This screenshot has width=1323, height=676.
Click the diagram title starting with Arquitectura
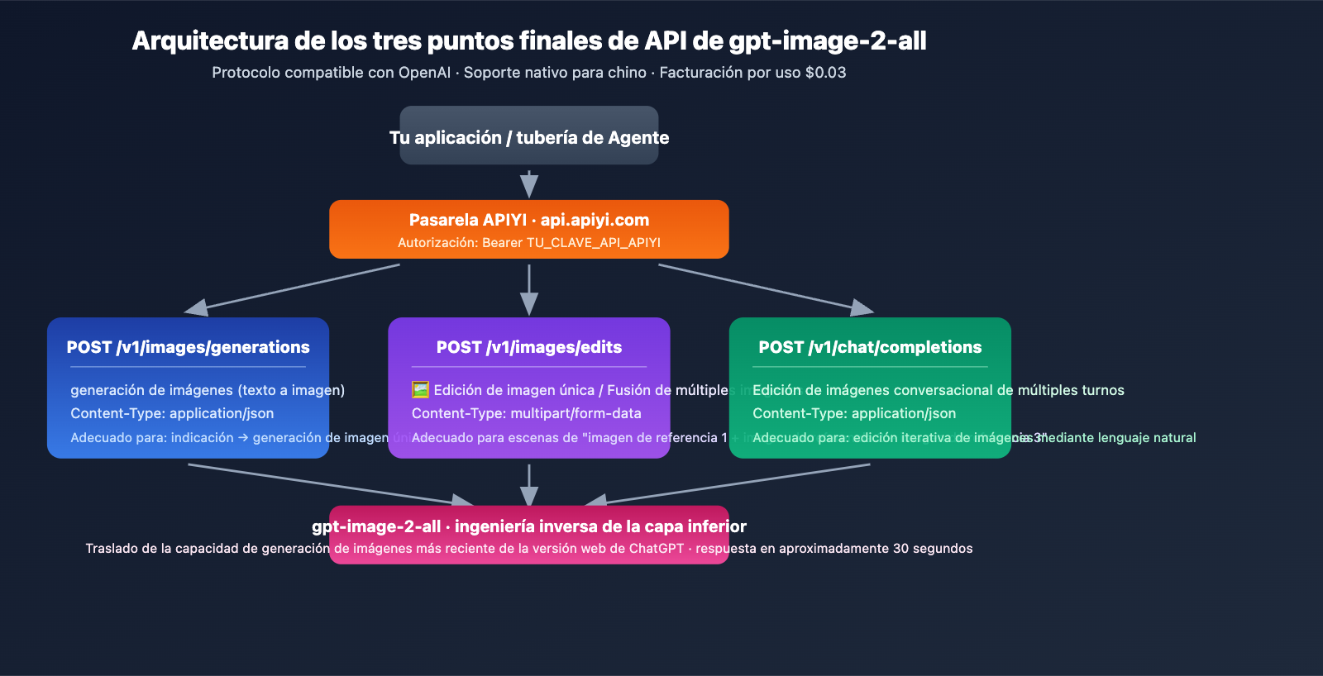[x=528, y=41]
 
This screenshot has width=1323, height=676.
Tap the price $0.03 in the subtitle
[x=825, y=73]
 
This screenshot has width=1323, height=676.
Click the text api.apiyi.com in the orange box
[x=595, y=221]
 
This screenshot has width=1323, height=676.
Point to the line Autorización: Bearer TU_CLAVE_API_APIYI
[x=528, y=243]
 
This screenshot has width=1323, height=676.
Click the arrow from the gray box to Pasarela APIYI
[x=529, y=183]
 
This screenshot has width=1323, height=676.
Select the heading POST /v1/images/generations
[x=188, y=348]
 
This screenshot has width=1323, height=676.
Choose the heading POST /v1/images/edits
[x=528, y=348]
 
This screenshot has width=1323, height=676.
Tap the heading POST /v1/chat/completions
[x=870, y=348]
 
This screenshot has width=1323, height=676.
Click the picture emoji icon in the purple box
[x=420, y=390]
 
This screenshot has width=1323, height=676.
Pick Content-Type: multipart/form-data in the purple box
[x=526, y=413]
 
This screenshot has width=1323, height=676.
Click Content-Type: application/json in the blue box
[x=172, y=413]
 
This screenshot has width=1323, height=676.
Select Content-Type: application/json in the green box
[x=854, y=413]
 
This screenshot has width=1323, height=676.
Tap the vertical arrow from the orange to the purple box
[x=529, y=289]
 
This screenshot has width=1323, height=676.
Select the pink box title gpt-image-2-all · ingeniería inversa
[x=528, y=527]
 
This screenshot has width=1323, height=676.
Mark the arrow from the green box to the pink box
[x=728, y=484]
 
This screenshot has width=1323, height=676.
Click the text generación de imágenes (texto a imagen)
[x=208, y=390]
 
